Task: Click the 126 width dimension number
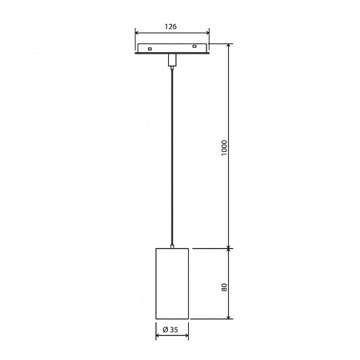point(172,26)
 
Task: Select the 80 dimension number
point(226,285)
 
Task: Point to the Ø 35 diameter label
point(170,330)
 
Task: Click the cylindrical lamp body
point(172,284)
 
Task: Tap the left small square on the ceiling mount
point(150,50)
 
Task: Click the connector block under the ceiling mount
point(172,60)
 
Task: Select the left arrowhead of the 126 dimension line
point(138,33)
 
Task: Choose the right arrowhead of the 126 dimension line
point(207,33)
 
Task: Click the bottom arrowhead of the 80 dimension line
point(231,318)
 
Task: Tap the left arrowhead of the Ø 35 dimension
point(158,336)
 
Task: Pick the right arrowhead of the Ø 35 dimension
point(186,336)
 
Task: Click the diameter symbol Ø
point(164,330)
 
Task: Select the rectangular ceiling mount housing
point(172,50)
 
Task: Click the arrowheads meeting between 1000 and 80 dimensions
point(231,248)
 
